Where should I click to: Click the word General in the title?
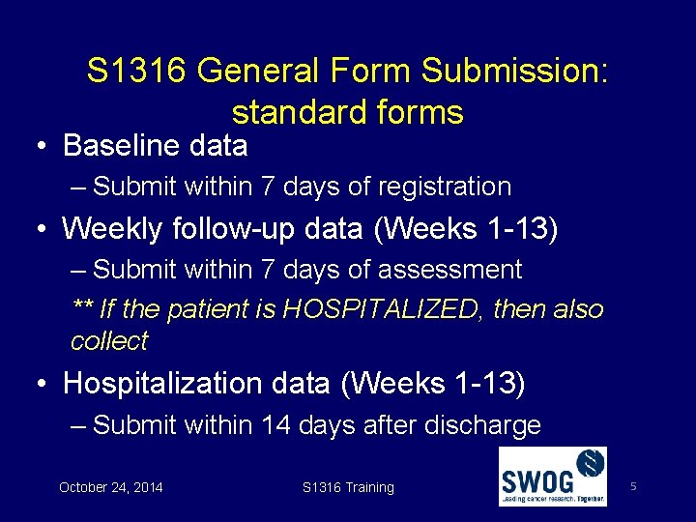pos(261,71)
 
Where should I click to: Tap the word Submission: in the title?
pos(516,71)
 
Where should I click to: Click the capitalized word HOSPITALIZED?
pos(383,309)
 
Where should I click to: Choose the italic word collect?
pos(109,341)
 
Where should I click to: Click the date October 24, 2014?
pos(111,488)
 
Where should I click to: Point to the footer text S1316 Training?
pos(348,488)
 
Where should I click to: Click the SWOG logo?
pos(552,477)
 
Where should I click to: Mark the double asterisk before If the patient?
pos(83,309)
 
